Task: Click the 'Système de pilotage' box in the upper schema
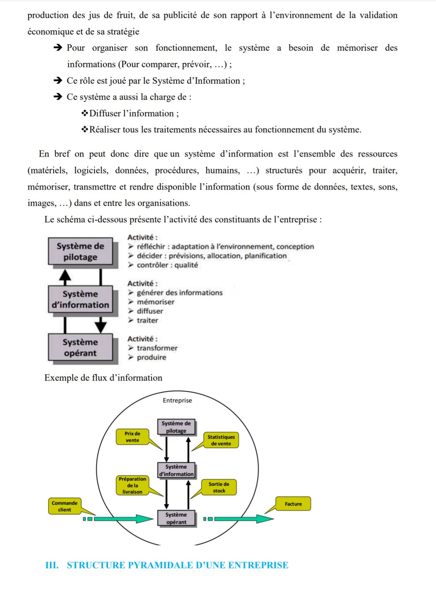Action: click(x=80, y=251)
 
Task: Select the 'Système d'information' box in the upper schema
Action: click(x=80, y=299)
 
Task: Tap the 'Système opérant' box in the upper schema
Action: click(x=80, y=347)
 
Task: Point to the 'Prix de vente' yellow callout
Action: click(x=132, y=437)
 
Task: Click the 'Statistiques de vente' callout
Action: click(x=221, y=440)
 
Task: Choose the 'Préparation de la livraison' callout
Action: click(x=132, y=485)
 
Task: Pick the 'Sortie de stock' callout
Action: click(x=219, y=487)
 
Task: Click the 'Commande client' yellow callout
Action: click(x=65, y=506)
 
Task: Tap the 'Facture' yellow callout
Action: click(x=293, y=504)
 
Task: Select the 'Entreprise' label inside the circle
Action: click(x=177, y=400)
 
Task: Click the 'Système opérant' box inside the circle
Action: click(x=176, y=518)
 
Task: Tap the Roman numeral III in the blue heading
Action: click(x=52, y=565)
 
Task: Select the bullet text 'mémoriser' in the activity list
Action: click(x=155, y=302)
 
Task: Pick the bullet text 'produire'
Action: click(x=151, y=357)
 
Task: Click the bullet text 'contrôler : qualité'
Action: click(x=167, y=265)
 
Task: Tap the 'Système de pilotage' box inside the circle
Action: click(x=176, y=427)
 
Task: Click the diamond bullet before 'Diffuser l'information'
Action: click(x=85, y=113)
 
